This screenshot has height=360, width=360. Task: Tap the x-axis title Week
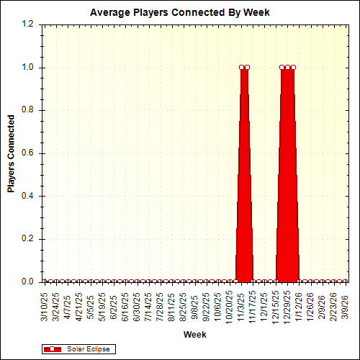(194, 335)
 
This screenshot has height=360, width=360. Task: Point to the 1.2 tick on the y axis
(28, 24)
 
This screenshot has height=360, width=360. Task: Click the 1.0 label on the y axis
(28, 68)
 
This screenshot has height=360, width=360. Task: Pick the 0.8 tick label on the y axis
(28, 110)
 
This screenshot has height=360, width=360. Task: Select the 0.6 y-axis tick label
(28, 153)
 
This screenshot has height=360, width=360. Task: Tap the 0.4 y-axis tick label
(28, 196)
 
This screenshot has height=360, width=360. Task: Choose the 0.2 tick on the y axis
(28, 239)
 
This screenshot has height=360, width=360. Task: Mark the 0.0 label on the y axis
(28, 282)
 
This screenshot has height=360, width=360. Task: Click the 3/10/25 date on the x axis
(45, 305)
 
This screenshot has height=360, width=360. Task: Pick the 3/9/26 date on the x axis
(345, 307)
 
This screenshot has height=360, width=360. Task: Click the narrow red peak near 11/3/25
(245, 180)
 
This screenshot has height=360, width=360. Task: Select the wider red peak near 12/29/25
(288, 180)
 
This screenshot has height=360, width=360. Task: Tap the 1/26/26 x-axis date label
(310, 305)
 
